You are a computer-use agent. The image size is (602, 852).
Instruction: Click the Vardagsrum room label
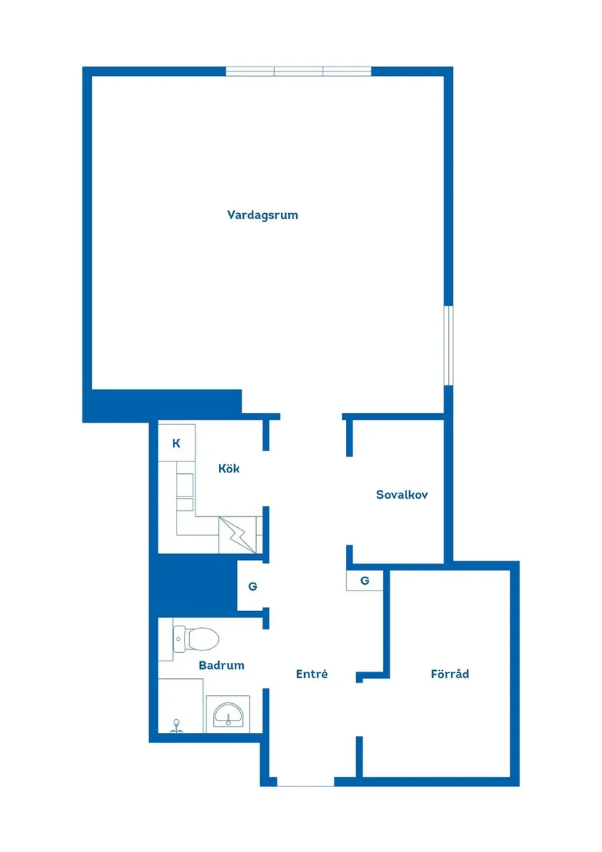point(263,215)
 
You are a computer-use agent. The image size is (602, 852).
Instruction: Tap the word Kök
point(228,469)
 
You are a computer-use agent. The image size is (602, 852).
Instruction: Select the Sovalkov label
point(401,495)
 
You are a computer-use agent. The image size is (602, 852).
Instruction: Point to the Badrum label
point(221,666)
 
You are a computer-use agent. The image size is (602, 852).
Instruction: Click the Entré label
point(312,675)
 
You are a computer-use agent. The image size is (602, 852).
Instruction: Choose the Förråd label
point(449,674)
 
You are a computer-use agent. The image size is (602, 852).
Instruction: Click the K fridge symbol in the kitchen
point(176,443)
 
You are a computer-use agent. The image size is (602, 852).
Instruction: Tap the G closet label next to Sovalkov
point(365,581)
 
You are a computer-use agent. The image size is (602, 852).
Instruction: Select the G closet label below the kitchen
point(252,586)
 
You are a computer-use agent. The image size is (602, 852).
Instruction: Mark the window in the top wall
point(298,72)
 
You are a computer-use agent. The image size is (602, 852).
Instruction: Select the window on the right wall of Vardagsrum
point(449,345)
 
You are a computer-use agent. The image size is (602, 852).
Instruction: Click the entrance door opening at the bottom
point(306,782)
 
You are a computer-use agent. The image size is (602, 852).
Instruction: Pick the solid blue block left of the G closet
point(193,585)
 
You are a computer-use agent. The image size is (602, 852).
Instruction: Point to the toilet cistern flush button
point(179,639)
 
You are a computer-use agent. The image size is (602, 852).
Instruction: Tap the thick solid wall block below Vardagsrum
point(162,405)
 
